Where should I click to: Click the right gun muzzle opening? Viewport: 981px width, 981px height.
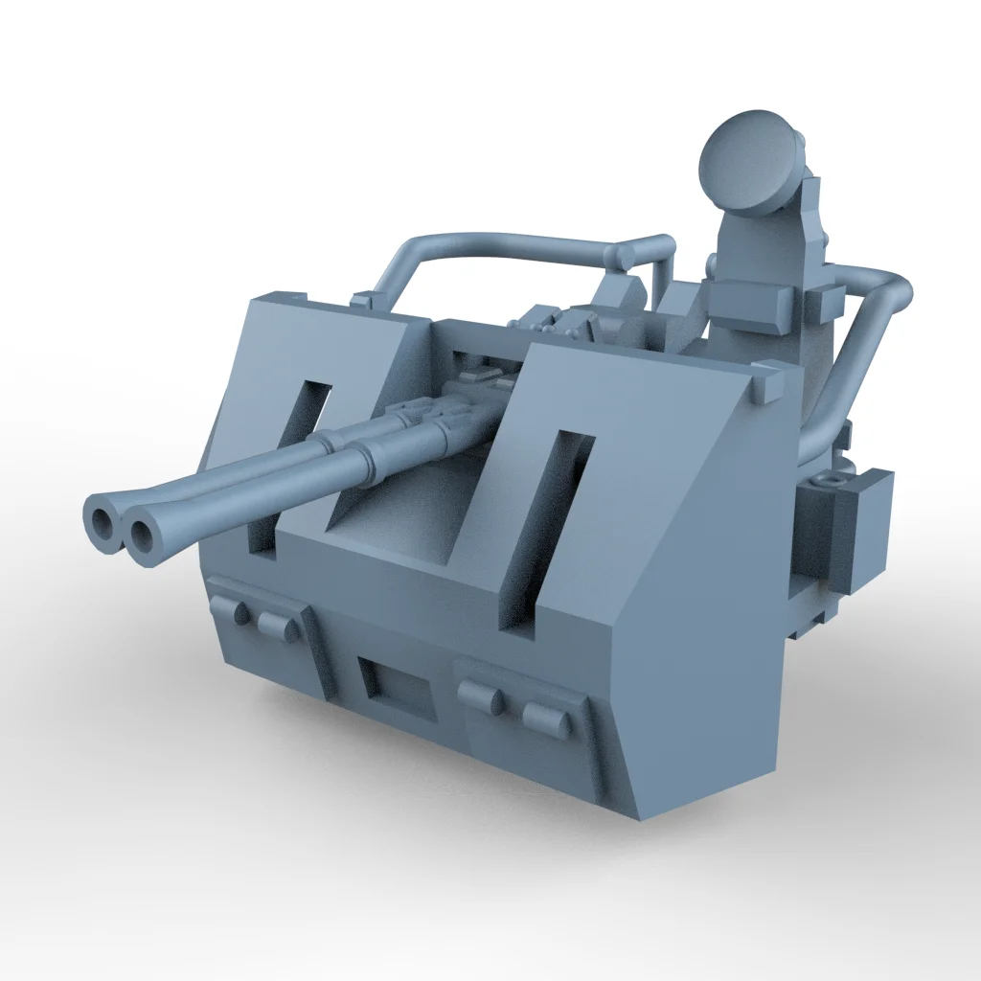click(143, 536)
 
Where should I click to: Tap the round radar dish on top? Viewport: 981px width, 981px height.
click(750, 160)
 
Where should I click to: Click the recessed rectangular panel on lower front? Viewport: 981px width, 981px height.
click(400, 687)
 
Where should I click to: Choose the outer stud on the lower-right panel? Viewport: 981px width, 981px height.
click(546, 718)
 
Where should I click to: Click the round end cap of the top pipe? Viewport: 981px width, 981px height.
click(624, 257)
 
